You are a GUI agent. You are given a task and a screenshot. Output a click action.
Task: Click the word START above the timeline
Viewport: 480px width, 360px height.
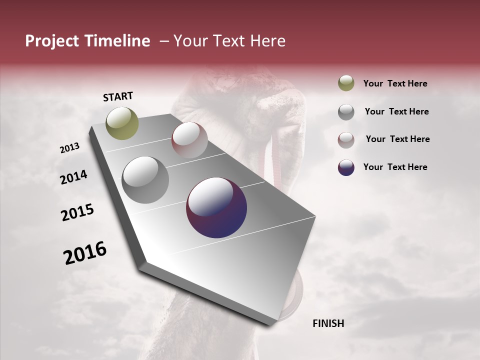(x=118, y=96)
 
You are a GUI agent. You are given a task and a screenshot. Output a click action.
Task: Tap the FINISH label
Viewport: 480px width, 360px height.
(x=328, y=323)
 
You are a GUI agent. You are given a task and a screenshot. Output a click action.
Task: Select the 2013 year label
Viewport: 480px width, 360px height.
(x=70, y=148)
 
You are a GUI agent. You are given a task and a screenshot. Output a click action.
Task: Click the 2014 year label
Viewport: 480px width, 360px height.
(x=73, y=177)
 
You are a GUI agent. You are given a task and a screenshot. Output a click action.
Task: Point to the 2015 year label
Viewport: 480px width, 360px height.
(x=77, y=212)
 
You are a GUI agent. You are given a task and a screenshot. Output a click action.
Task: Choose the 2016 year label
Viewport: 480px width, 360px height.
(x=85, y=253)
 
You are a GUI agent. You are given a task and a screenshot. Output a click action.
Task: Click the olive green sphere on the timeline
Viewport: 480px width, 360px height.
(x=122, y=123)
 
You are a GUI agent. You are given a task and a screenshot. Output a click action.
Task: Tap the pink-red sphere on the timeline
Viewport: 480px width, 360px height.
(x=189, y=140)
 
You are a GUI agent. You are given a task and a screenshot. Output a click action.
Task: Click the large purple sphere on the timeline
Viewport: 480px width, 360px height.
(x=216, y=207)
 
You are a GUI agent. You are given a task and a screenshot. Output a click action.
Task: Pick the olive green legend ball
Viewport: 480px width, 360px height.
(x=346, y=83)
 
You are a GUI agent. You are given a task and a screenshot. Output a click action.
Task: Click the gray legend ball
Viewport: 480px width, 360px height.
(x=346, y=111)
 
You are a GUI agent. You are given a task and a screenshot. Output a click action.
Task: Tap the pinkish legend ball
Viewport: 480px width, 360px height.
(x=346, y=139)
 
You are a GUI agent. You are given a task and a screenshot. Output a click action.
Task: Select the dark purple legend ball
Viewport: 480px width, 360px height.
(x=346, y=167)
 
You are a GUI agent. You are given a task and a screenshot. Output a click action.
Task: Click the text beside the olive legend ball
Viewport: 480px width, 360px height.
(x=395, y=83)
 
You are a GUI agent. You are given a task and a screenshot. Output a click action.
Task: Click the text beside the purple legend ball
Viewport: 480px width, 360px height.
(x=395, y=167)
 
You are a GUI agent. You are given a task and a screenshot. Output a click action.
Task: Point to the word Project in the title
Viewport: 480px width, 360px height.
(x=52, y=41)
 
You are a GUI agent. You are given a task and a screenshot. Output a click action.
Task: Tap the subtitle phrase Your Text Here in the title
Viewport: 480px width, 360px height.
(x=229, y=41)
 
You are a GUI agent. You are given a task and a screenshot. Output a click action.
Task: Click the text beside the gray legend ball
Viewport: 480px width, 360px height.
(x=396, y=111)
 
